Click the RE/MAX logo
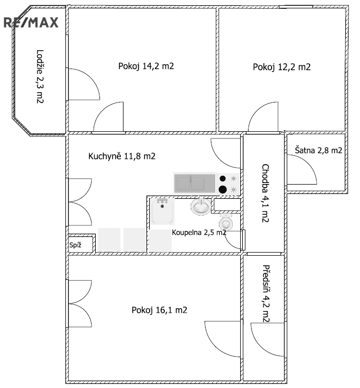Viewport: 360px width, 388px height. pyautogui.click(x=31, y=22)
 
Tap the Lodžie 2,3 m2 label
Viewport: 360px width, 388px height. pyautogui.click(x=40, y=76)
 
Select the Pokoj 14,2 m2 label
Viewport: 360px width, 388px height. pyautogui.click(x=146, y=66)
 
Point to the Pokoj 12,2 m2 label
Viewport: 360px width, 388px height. pyautogui.click(x=282, y=67)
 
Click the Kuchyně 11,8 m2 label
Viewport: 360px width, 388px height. pyautogui.click(x=122, y=156)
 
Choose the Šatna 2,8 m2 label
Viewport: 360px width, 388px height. pyautogui.click(x=319, y=150)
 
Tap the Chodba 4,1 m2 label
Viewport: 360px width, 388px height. pyautogui.click(x=265, y=193)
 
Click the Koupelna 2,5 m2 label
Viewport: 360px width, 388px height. pyautogui.click(x=199, y=232)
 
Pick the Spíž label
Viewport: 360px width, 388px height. pyautogui.click(x=75, y=245)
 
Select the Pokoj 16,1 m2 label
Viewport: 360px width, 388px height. pyautogui.click(x=159, y=310)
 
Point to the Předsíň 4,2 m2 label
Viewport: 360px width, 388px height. pyautogui.click(x=266, y=294)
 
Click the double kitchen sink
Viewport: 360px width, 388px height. pyautogui.click(x=195, y=183)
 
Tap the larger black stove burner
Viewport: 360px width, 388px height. pyautogui.click(x=222, y=189)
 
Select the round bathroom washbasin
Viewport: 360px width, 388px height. pyautogui.click(x=201, y=207)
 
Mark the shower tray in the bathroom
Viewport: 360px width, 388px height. pyautogui.click(x=162, y=211)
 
